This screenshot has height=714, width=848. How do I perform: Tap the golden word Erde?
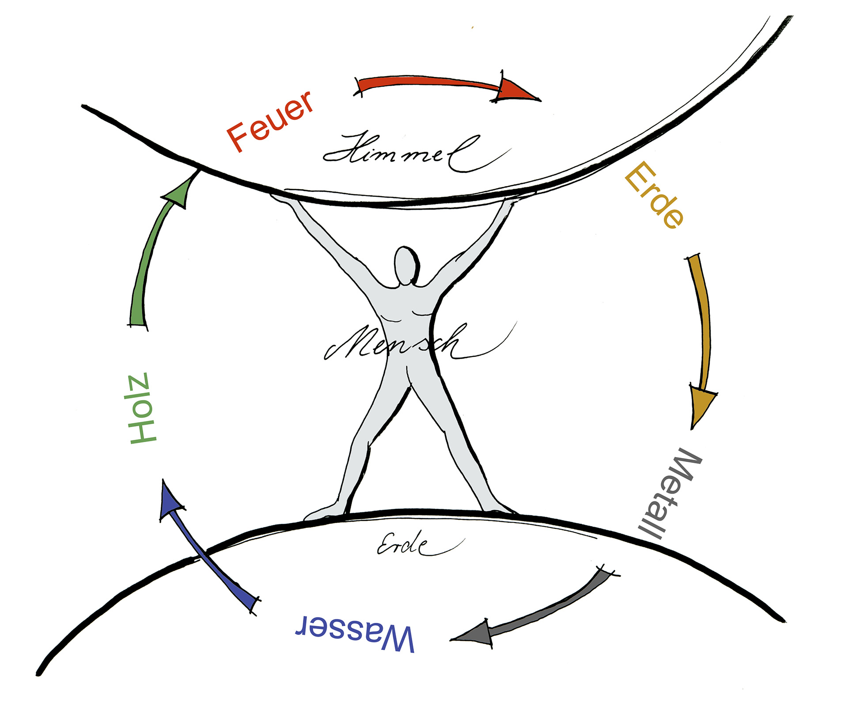pos(654,195)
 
